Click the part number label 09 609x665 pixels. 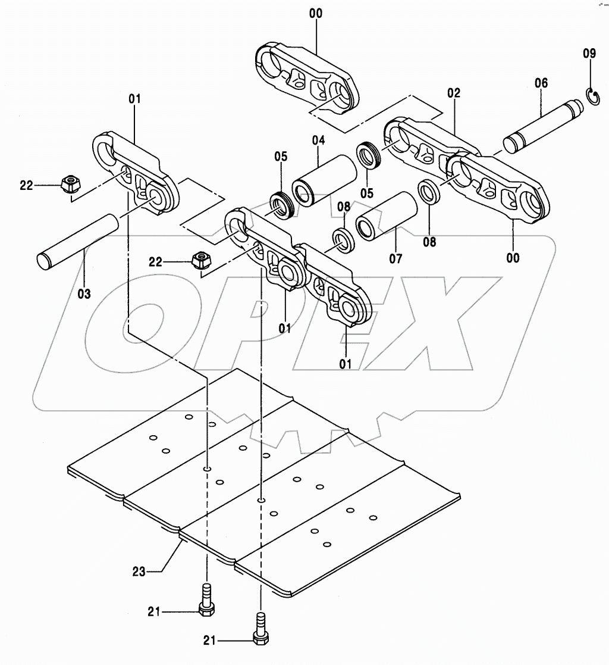(589, 54)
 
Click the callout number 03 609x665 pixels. (84, 293)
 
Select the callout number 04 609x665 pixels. (318, 141)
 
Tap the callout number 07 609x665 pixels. (395, 258)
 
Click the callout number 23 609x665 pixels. (139, 572)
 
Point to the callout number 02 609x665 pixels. (454, 93)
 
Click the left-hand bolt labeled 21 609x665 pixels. (207, 601)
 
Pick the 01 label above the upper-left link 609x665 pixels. (134, 98)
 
